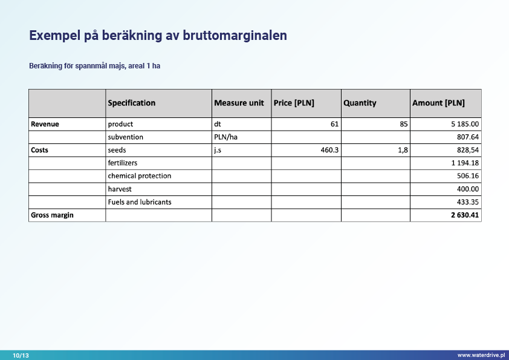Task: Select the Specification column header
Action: (x=132, y=103)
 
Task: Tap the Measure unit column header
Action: (x=239, y=103)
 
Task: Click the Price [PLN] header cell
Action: (x=294, y=103)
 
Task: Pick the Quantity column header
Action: (x=360, y=103)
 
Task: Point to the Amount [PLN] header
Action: (x=438, y=103)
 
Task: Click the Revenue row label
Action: (x=45, y=124)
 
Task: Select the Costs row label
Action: (x=40, y=150)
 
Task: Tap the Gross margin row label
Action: (x=52, y=215)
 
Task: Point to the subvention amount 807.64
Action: (x=468, y=137)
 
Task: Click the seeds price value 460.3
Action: (x=329, y=150)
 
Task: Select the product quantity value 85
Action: (x=404, y=124)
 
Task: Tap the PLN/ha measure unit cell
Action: (x=225, y=137)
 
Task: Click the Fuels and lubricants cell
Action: (x=140, y=202)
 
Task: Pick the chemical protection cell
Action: (x=140, y=176)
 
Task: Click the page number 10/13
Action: (x=21, y=355)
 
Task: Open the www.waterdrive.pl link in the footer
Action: (x=481, y=355)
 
